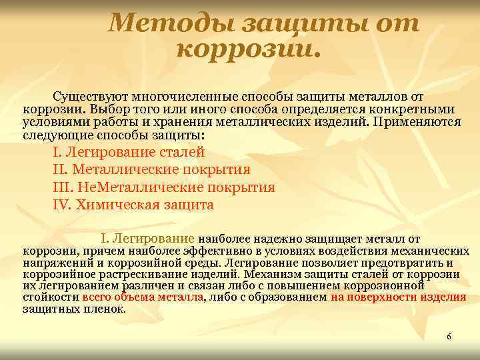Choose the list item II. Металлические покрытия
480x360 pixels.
pyautogui.click(x=151, y=169)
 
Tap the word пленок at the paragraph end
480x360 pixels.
pyautogui.click(x=107, y=309)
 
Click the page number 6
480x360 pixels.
pyautogui.click(x=449, y=337)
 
